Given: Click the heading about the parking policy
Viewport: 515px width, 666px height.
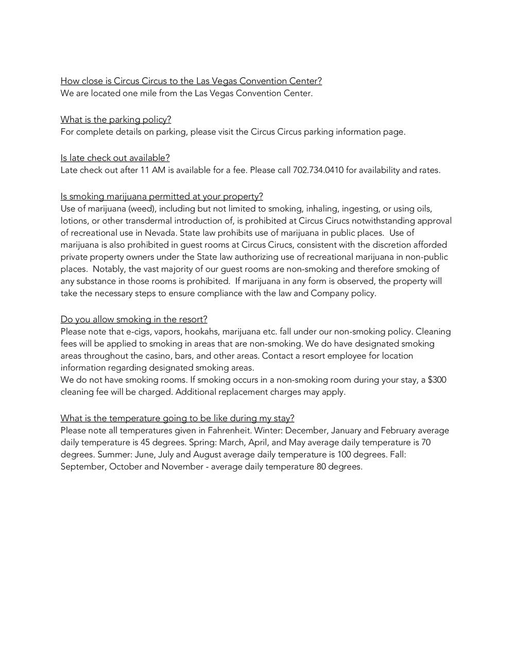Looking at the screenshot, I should (116, 119).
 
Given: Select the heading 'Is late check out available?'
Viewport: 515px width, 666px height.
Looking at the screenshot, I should (115, 157).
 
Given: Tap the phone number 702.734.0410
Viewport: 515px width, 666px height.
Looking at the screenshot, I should (318, 170).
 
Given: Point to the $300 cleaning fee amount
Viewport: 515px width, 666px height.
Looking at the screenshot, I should (437, 380).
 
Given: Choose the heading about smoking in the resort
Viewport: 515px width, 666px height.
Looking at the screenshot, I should (134, 319).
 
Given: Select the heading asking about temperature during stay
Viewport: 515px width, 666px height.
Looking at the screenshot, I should (177, 418).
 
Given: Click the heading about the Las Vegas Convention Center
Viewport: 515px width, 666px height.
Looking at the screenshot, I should (191, 81).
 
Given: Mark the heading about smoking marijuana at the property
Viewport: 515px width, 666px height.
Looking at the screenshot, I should (162, 196).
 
